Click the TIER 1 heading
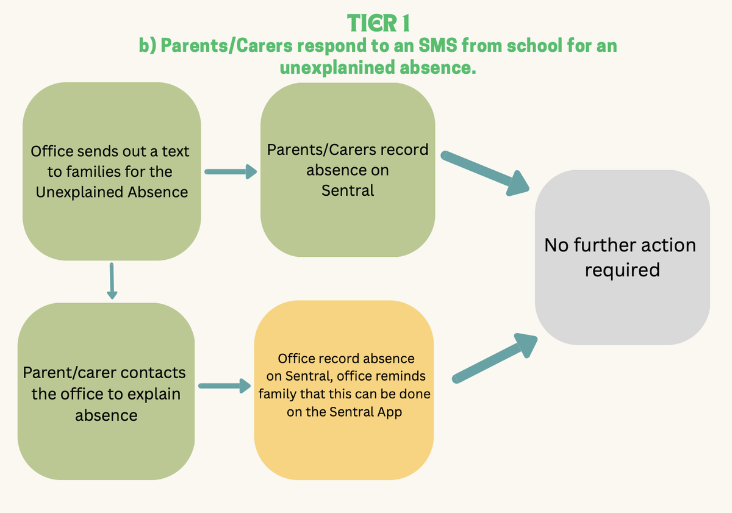(378, 23)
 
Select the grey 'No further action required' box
(622, 256)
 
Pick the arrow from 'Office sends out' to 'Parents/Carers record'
(230, 172)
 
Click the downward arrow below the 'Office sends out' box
(112, 281)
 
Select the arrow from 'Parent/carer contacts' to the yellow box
(224, 386)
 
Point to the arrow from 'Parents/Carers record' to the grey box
(485, 173)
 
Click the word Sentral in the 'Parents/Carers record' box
(348, 190)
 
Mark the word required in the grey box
(622, 270)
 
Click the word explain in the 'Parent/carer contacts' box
(157, 394)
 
